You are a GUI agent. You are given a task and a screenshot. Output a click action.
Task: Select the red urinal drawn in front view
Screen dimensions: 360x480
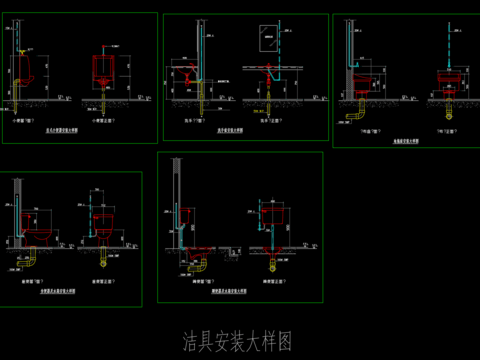coord(105,71)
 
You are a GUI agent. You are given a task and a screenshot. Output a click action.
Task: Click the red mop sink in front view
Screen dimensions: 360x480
coord(448,76)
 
